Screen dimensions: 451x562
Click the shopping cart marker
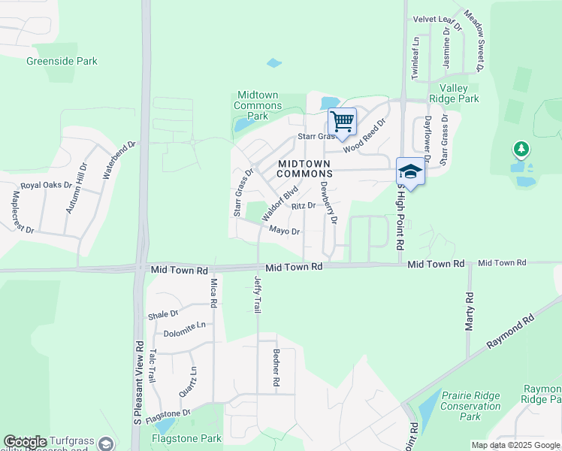(x=342, y=121)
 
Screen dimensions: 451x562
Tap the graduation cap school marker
(x=410, y=171)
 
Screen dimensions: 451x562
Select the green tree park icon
(x=520, y=150)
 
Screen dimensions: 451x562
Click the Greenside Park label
(x=62, y=61)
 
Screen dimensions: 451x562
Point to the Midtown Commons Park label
(x=258, y=105)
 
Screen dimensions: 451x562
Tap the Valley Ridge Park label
(x=458, y=93)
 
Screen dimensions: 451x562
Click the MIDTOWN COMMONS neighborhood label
(x=304, y=168)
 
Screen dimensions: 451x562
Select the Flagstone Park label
(x=186, y=438)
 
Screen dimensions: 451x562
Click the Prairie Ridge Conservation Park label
(x=470, y=405)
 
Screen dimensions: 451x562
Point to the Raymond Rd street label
(x=509, y=331)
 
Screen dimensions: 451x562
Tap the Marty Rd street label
(x=469, y=312)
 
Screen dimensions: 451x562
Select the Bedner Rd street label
(x=276, y=368)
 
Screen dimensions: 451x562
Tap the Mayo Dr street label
(x=284, y=231)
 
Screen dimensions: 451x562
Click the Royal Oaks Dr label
(x=46, y=185)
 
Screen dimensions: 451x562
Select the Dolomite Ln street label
(x=184, y=326)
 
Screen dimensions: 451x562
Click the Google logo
(x=26, y=443)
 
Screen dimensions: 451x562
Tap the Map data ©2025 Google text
(x=515, y=445)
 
